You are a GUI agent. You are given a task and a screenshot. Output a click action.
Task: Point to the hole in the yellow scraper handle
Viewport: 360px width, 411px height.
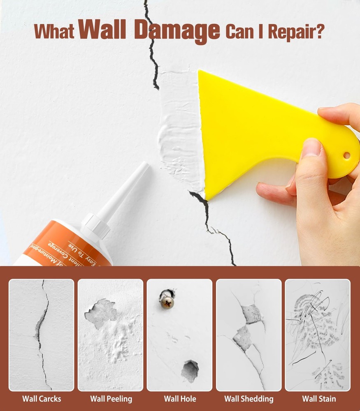pyautogui.click(x=346, y=155)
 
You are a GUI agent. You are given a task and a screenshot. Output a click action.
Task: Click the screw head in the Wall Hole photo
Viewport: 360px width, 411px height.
pyautogui.click(x=167, y=299)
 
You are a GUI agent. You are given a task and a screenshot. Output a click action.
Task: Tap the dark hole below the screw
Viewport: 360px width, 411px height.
pyautogui.click(x=190, y=371)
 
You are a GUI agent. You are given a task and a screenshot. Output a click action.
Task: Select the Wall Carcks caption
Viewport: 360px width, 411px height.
pyautogui.click(x=41, y=399)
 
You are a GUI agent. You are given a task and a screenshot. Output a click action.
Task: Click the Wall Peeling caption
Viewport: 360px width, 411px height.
pyautogui.click(x=111, y=399)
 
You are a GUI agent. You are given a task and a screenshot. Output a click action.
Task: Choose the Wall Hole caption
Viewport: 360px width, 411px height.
pyautogui.click(x=180, y=399)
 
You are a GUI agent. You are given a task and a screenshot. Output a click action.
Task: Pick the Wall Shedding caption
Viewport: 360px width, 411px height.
pyautogui.click(x=249, y=399)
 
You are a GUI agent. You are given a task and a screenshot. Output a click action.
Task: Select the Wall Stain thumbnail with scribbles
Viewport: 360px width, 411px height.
pyautogui.click(x=318, y=335)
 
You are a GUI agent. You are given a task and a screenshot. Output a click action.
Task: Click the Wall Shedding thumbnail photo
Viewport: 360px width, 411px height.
pyautogui.click(x=249, y=335)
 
